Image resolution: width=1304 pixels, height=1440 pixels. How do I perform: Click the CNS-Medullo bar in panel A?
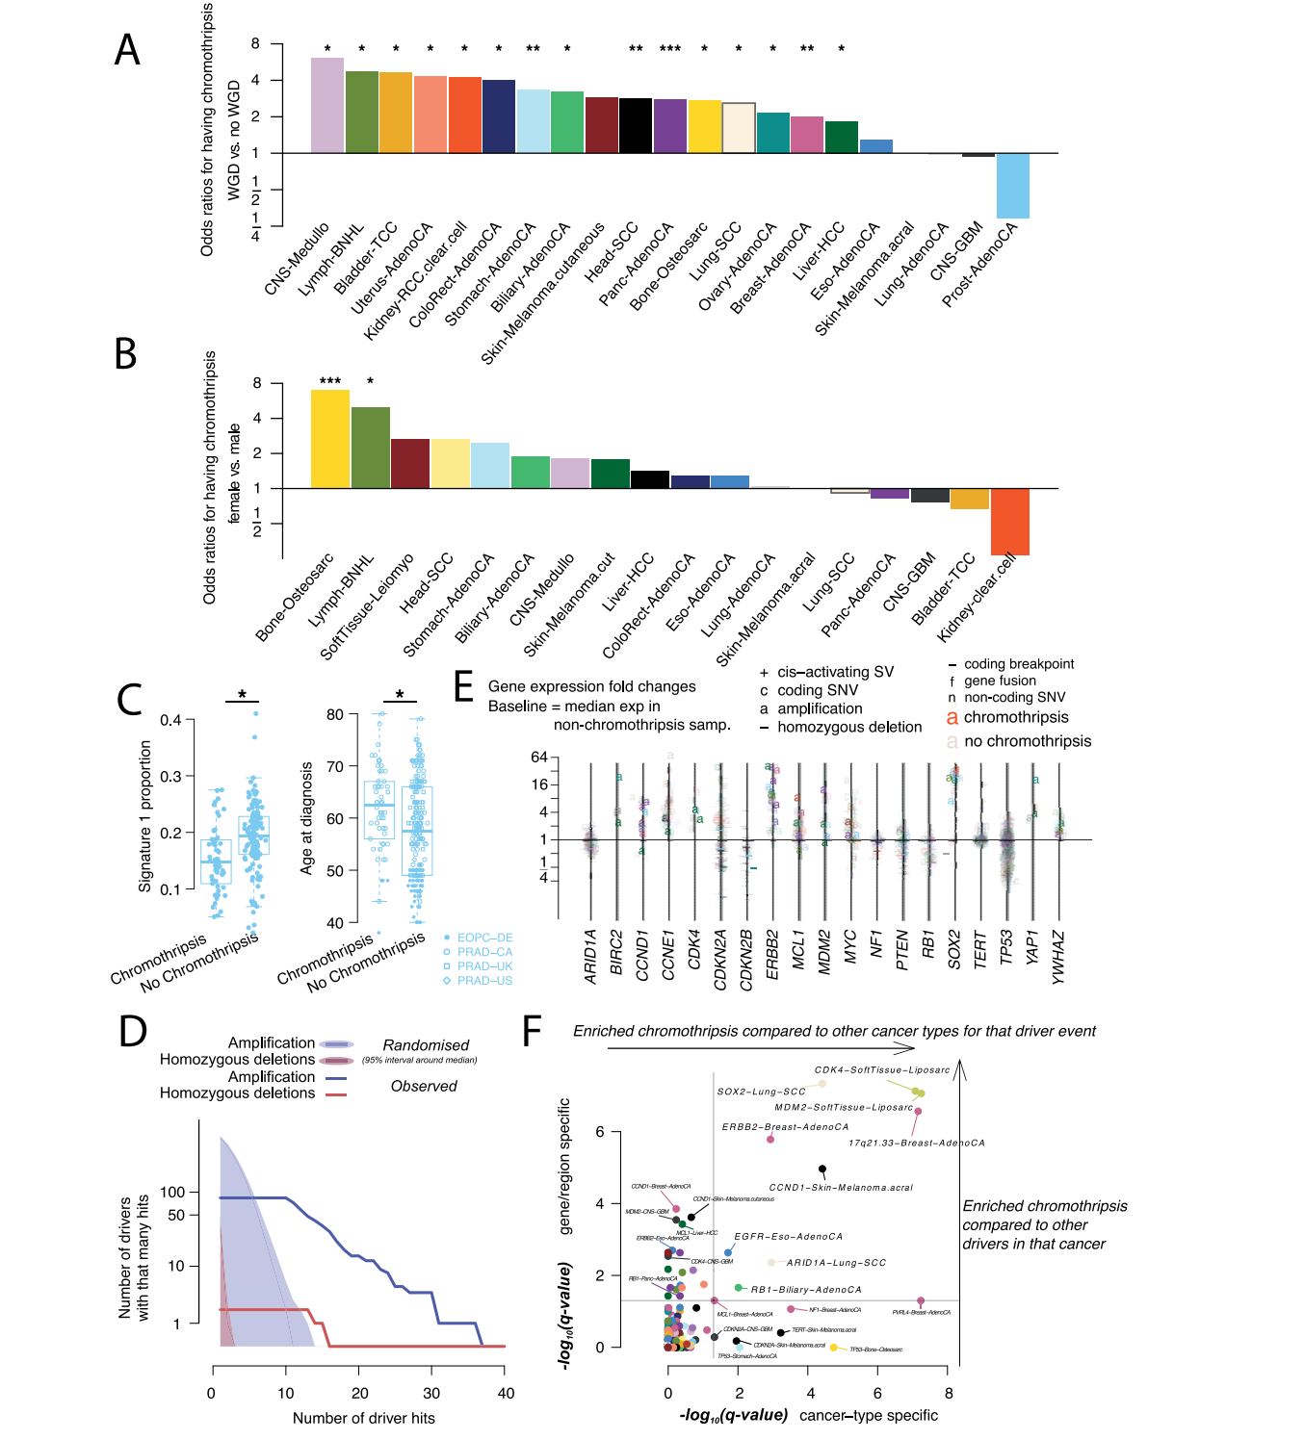327,105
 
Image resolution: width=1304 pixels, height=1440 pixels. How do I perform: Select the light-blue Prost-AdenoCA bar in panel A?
1012,186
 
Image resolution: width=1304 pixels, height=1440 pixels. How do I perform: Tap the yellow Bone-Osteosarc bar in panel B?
330,439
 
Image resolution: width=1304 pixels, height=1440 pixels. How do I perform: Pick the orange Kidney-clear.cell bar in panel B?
1009,522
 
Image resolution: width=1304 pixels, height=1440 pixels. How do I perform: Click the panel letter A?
127,50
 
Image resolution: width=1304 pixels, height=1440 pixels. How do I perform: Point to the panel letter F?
532,1031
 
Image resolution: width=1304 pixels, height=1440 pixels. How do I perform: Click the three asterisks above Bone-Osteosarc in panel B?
330,381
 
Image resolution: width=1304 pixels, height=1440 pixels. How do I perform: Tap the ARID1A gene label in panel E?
590,956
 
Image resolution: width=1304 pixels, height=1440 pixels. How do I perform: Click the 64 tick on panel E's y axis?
538,758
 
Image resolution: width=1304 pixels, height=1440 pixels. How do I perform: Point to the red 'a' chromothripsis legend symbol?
952,717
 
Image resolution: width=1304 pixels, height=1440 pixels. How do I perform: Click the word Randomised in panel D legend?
426,1045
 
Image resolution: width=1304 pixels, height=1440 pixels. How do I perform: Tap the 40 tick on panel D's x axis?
506,1393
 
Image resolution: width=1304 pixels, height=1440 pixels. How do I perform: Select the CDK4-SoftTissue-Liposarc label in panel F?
881,1069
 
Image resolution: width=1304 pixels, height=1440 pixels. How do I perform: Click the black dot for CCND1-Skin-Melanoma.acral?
822,1170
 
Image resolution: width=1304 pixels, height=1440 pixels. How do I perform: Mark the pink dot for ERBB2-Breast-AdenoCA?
770,1140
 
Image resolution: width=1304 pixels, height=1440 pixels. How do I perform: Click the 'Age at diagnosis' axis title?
306,818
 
